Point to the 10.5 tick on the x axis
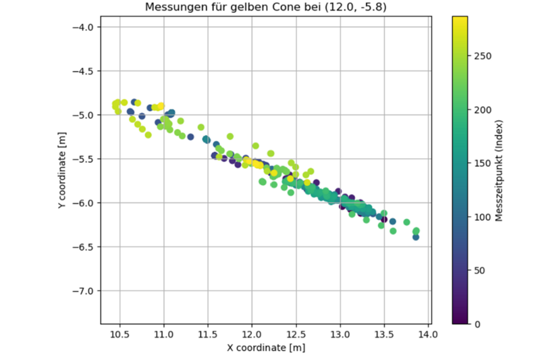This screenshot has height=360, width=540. [119, 333]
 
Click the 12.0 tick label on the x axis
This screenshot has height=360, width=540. [252, 333]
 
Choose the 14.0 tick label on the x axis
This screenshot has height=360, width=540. [428, 333]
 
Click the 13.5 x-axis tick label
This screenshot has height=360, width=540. [384, 333]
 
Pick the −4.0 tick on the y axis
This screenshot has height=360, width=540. [86, 27]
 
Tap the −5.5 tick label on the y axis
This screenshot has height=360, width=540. [86, 159]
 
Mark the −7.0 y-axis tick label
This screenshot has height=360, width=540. [86, 290]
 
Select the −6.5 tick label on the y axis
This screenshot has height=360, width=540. [86, 247]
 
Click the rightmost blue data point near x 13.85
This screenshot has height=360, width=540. [416, 237]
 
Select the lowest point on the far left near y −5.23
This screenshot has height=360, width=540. [148, 134]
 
